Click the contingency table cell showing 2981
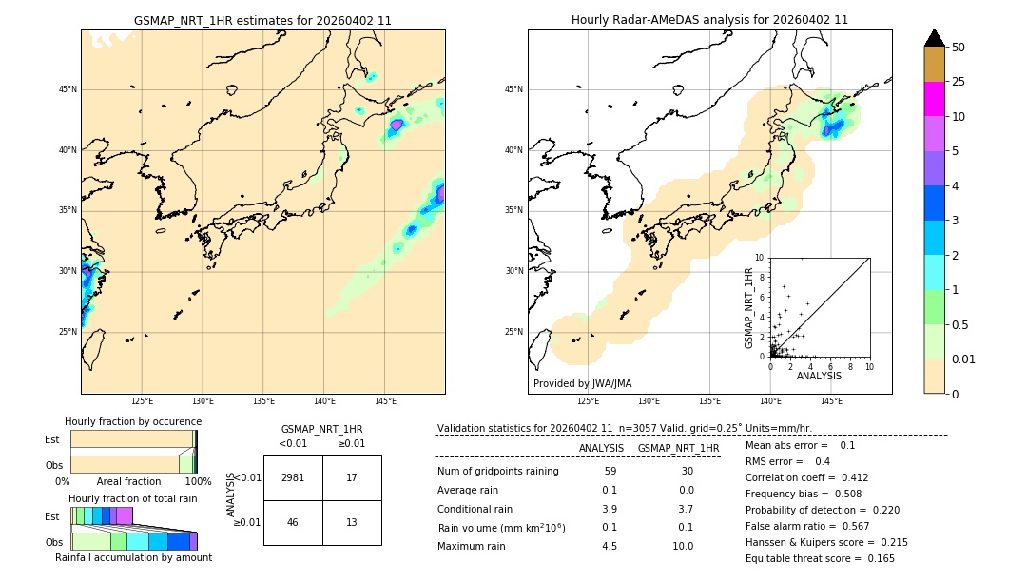point(293,478)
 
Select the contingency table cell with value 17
point(352,478)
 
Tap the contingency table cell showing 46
point(293,522)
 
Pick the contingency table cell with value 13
point(352,522)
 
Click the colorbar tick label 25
point(959,82)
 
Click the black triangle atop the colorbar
point(935,38)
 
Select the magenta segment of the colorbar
point(935,99)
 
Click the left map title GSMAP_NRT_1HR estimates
point(262,20)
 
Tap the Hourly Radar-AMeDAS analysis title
point(709,20)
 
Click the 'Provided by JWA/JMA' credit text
point(582,383)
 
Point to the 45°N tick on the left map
point(68,89)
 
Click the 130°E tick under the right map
point(649,401)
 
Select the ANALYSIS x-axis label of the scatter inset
point(819,377)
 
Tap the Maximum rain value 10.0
point(683,546)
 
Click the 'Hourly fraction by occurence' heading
point(133,421)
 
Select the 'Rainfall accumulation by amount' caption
point(133,558)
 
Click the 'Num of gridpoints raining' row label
point(498,472)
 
